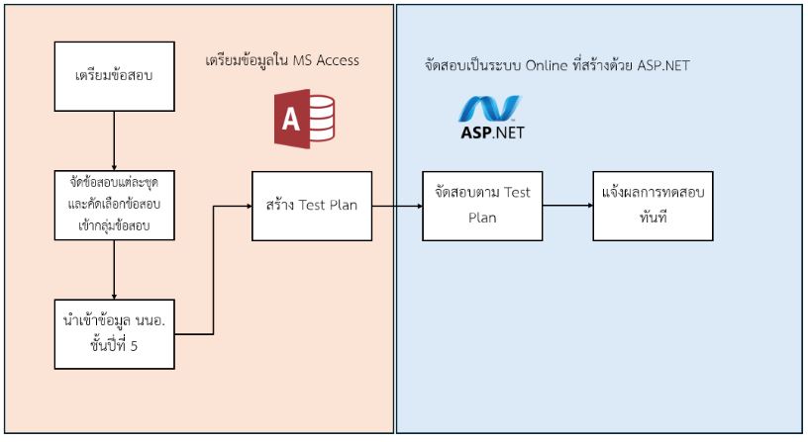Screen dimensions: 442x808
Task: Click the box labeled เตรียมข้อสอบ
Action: [x=115, y=75]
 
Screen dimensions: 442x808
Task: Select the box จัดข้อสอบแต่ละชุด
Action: [x=115, y=205]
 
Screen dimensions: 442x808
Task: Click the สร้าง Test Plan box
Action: [x=311, y=206]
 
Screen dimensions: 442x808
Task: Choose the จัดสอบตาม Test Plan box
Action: [x=482, y=206]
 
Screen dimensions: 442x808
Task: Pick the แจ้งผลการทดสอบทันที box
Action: [x=653, y=206]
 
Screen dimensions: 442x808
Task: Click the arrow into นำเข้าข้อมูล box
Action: [x=115, y=269]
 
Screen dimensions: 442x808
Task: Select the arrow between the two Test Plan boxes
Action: [x=396, y=206]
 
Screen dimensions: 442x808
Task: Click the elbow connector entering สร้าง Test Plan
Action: [x=214, y=267]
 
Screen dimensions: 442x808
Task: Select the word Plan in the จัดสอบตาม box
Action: [x=482, y=218]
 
